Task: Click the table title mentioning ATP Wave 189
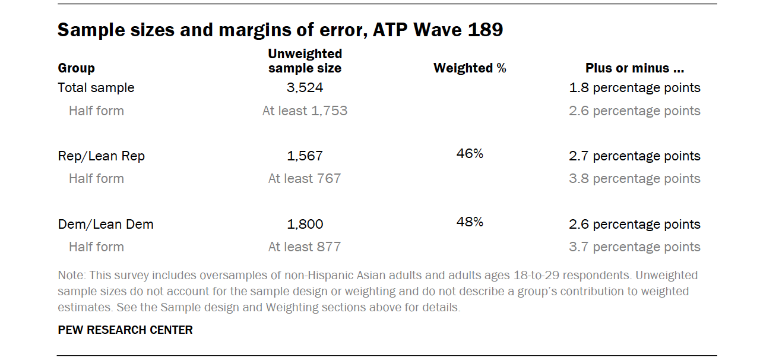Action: pyautogui.click(x=280, y=30)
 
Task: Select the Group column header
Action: pyautogui.click(x=77, y=68)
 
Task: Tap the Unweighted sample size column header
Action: pyautogui.click(x=305, y=61)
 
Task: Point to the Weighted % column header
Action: pyautogui.click(x=470, y=68)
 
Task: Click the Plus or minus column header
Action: pyautogui.click(x=635, y=68)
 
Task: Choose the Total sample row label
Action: pyautogui.click(x=96, y=88)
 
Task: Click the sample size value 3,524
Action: pyautogui.click(x=305, y=88)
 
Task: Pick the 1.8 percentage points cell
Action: pyautogui.click(x=635, y=88)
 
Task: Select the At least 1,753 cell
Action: pyautogui.click(x=305, y=111)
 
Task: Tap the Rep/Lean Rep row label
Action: pyautogui.click(x=102, y=156)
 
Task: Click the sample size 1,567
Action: pyautogui.click(x=305, y=156)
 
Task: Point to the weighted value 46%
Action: pyautogui.click(x=470, y=154)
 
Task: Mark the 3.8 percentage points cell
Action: pyautogui.click(x=635, y=179)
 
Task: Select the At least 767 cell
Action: pyautogui.click(x=305, y=179)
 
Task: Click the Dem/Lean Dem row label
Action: pyautogui.click(x=106, y=225)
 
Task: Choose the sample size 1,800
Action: pyautogui.click(x=305, y=225)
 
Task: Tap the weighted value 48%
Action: pyautogui.click(x=470, y=222)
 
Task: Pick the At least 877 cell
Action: pyautogui.click(x=305, y=247)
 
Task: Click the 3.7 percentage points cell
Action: pyautogui.click(x=635, y=247)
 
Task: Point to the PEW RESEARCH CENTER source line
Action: pyautogui.click(x=125, y=330)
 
